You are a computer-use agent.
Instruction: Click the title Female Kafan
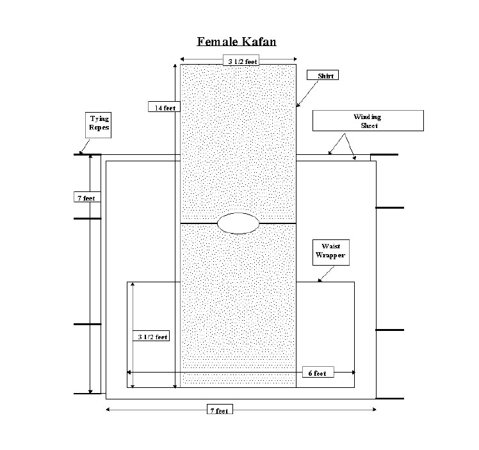tap(236, 42)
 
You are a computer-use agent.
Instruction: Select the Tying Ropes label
tap(99, 123)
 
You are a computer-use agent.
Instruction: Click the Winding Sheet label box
tap(368, 121)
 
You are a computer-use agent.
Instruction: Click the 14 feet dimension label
tap(164, 108)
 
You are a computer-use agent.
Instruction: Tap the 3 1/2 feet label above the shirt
tap(238, 61)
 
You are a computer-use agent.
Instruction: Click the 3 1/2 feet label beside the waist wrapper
tap(152, 337)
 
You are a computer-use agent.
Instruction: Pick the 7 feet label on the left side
tap(86, 198)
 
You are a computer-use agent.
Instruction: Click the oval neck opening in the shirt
tap(238, 222)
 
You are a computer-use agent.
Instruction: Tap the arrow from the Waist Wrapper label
tap(323, 273)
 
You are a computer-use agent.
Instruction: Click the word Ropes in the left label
tap(99, 127)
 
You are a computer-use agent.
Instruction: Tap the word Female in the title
tap(217, 42)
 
